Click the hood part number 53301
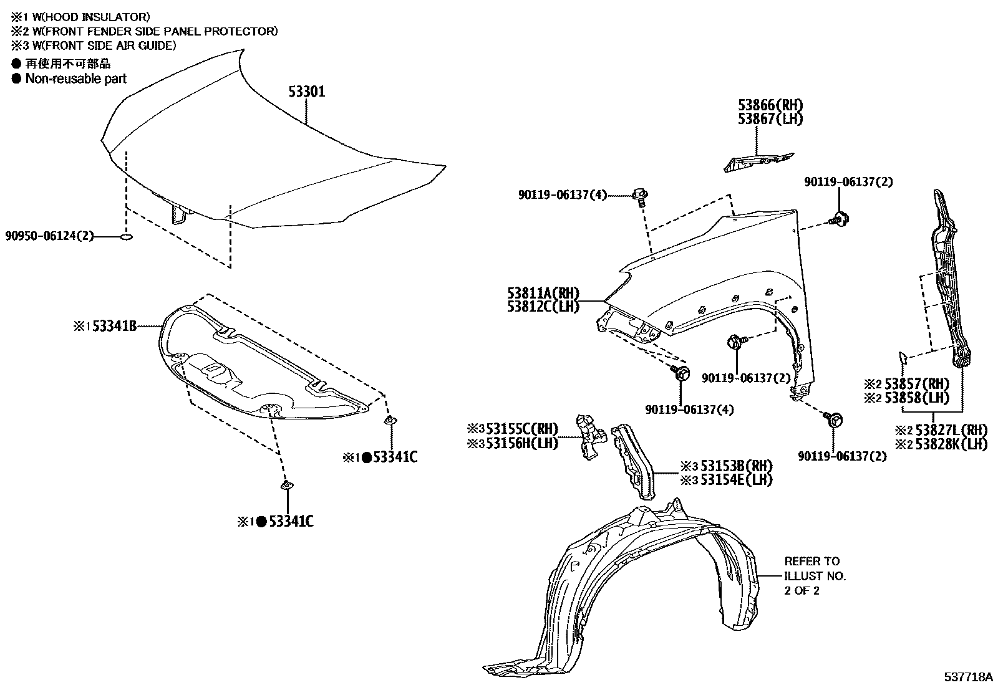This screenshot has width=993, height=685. [307, 92]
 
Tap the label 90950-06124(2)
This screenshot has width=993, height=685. [49, 236]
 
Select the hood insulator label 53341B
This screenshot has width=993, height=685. [114, 325]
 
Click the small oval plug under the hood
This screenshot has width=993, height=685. [126, 237]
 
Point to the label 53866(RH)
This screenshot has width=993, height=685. [770, 105]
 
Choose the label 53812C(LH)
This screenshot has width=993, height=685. [543, 307]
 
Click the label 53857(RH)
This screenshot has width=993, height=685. [916, 384]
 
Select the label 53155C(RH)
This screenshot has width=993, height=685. [521, 429]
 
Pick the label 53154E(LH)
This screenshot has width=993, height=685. [735, 479]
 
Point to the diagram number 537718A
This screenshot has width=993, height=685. [967, 676]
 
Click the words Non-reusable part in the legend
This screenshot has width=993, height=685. [75, 79]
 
